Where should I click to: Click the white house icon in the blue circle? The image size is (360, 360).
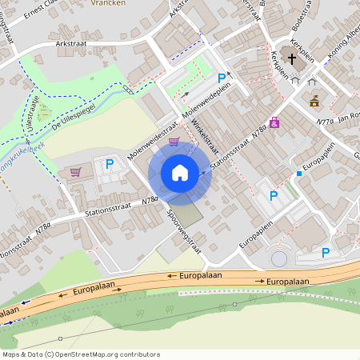[x=180, y=173]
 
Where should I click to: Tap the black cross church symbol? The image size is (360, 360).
[x=292, y=58]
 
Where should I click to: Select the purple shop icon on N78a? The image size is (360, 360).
[x=274, y=122]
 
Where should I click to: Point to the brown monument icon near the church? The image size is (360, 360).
[x=314, y=101]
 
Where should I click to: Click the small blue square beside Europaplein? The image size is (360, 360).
[x=299, y=173]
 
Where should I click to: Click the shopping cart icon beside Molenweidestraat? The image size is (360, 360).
[x=174, y=142]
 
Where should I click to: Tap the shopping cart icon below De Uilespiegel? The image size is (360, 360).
[x=75, y=171]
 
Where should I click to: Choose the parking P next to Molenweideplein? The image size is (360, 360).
[x=222, y=78]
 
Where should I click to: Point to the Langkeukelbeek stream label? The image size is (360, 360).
[x=20, y=150]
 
